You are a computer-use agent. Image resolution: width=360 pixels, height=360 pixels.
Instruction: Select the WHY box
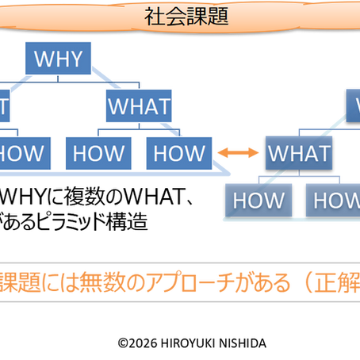[x=59, y=57]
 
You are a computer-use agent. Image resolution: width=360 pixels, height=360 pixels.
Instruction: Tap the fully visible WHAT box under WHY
[x=139, y=105]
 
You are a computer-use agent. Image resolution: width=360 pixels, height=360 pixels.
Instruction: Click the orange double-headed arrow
[x=236, y=152]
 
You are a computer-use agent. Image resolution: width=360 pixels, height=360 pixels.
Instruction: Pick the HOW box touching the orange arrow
[x=179, y=152]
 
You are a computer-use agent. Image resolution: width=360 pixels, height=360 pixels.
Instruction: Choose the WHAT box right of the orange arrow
[x=298, y=153]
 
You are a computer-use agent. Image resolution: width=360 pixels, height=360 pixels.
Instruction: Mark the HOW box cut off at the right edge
[x=334, y=200]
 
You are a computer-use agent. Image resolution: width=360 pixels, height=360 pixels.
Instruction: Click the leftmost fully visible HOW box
[x=98, y=152]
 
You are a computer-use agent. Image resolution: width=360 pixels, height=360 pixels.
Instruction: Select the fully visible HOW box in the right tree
[x=259, y=200]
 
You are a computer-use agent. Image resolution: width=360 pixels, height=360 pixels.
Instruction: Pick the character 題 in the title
[x=218, y=15]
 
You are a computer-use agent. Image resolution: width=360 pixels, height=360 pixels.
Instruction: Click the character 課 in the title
[x=198, y=15]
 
